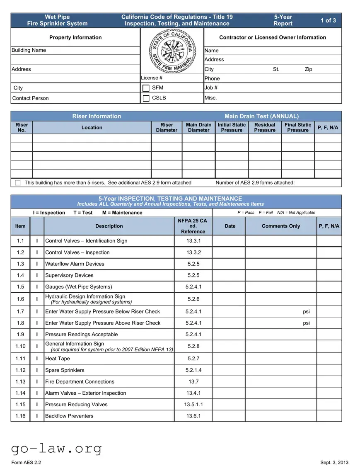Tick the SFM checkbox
(146, 88)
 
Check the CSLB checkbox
(146, 98)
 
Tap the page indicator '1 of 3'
(328, 20)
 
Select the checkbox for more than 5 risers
(18, 183)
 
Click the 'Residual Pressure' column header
(265, 127)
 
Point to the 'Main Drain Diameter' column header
(198, 127)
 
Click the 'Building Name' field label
(29, 50)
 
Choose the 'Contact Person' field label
(30, 98)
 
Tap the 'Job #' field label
(211, 87)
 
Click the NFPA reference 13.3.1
(193, 241)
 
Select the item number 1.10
(20, 346)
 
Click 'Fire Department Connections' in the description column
(80, 381)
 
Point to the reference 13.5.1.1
(193, 405)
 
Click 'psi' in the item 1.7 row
(306, 311)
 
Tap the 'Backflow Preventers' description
(70, 416)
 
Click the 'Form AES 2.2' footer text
(26, 463)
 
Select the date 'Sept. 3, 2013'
(334, 463)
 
